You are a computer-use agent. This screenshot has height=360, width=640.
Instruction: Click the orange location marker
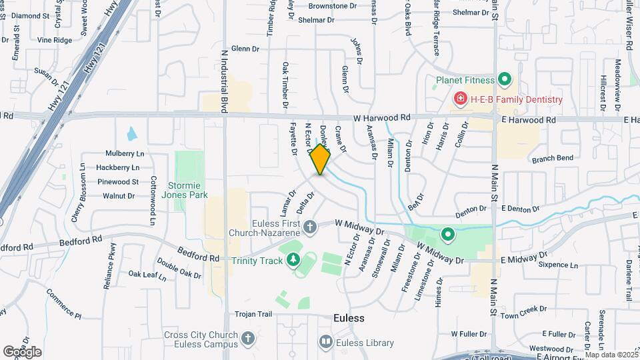[321, 160]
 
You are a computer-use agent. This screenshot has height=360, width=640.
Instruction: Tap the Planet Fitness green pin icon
[505, 81]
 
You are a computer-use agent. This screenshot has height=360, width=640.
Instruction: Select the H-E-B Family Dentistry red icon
[459, 99]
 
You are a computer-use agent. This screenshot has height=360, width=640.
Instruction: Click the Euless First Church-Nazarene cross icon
[309, 228]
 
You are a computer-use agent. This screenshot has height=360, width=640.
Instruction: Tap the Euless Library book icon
[326, 342]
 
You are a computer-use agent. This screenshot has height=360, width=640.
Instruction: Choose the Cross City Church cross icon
[247, 339]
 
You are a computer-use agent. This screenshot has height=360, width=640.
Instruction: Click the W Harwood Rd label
[382, 118]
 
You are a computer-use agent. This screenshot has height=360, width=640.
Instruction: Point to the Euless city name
[349, 318]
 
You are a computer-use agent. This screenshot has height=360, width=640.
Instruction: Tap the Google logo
[22, 351]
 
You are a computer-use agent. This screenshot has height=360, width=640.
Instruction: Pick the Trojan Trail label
[254, 313]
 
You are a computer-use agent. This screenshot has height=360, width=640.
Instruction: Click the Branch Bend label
[553, 159]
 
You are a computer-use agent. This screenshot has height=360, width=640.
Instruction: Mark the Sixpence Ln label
[559, 265]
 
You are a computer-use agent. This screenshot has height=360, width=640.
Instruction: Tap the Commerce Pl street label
[64, 303]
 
